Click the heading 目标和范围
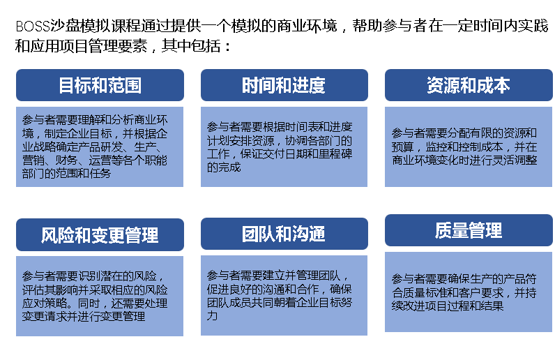pos(100,85)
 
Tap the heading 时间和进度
pos(284,85)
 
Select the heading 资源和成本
pos(469,85)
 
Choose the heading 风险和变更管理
pos(100,235)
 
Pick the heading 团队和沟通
pos(284,234)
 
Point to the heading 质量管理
pos(469,230)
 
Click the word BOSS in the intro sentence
pos(33,27)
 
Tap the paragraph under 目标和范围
pos(95,147)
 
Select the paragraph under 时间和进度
pos(280,147)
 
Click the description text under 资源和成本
pos(464,147)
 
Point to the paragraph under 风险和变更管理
pos(95,297)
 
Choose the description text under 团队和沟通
pos(280,296)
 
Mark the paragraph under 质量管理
pos(464,292)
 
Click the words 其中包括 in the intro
pos(191,46)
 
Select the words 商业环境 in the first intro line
pos(307,26)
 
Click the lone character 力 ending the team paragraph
pos(212,315)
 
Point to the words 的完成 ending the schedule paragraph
pos(224,167)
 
